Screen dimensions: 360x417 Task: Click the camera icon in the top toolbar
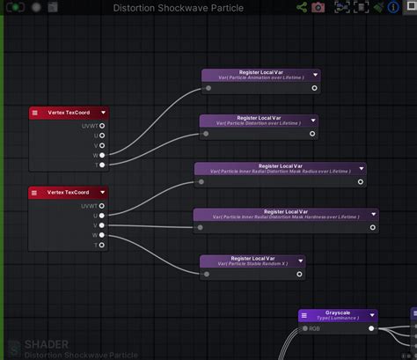(x=318, y=7)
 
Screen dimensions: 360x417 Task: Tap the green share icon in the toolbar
(x=301, y=7)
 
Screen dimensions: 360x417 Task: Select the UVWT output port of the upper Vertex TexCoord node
(x=102, y=126)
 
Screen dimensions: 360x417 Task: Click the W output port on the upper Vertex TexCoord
(x=102, y=155)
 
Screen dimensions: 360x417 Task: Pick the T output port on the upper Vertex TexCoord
(x=102, y=165)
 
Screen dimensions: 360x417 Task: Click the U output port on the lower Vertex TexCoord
(x=102, y=216)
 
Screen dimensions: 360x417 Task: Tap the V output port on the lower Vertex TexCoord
(x=102, y=225)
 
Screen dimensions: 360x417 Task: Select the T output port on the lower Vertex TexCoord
(x=102, y=245)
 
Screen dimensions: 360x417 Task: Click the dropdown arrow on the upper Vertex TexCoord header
(x=103, y=113)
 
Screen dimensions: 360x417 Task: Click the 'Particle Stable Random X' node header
(x=252, y=261)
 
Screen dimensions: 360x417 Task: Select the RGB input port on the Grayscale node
(x=304, y=329)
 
